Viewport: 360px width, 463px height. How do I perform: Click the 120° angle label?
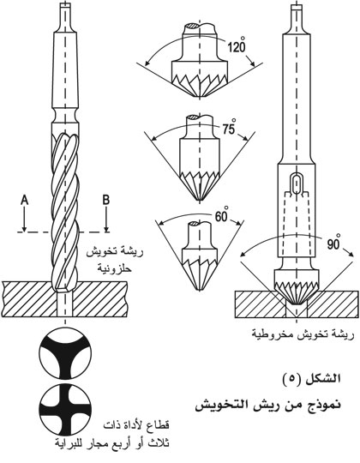237,45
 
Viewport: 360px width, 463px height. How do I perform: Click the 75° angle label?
229,129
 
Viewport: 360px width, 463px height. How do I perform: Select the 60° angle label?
221,215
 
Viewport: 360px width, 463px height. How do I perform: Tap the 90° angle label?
333,243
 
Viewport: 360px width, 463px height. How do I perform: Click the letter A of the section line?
25,201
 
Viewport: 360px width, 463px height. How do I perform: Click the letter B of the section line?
106,200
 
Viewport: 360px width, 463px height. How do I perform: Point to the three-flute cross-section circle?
65,353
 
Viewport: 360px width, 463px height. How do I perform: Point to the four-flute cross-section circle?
65,411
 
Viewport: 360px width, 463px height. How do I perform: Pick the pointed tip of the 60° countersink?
200,290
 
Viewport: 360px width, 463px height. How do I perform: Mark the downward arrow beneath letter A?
25,219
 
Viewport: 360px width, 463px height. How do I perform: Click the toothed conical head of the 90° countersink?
297,287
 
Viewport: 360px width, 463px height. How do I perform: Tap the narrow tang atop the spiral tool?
64,16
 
